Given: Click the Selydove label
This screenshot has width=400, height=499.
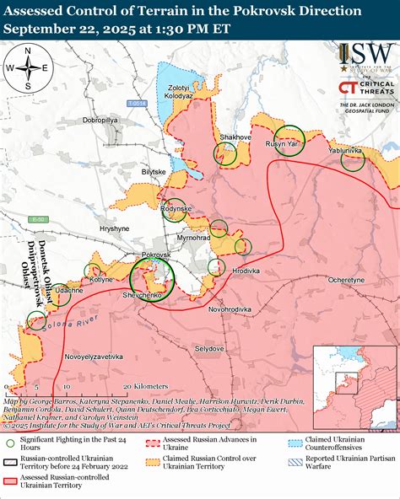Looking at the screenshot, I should pos(208,347).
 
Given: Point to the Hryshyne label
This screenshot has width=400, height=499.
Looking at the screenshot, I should pos(115,228).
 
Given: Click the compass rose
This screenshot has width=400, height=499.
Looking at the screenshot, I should pos(27,69).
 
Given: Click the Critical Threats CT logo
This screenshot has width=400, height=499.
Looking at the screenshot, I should pos(346,89).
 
